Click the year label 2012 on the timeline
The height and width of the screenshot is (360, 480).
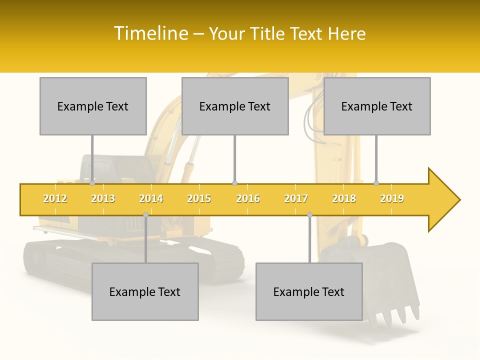point(55,198)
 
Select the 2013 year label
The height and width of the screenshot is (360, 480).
point(103,198)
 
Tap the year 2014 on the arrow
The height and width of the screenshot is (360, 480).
point(151,198)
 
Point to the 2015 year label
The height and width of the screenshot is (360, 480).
point(199,198)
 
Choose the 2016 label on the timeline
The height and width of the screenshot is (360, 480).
point(248,198)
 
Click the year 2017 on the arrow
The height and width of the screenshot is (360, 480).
point(296,198)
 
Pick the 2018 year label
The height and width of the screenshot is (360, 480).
point(344,198)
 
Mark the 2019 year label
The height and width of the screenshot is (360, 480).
point(392,198)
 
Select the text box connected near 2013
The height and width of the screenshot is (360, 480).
point(93,106)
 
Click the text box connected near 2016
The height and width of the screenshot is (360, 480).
point(235,106)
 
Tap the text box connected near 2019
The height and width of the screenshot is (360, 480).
point(377,106)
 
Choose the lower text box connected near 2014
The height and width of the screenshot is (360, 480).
point(145,291)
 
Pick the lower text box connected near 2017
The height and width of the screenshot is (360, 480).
point(309,291)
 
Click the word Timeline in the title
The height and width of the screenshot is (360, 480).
point(150,33)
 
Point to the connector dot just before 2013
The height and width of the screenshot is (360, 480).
point(92,183)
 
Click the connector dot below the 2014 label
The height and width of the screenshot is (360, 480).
point(145,215)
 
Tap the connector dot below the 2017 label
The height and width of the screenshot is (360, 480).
point(309,215)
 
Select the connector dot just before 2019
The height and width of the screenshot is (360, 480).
point(376,183)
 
